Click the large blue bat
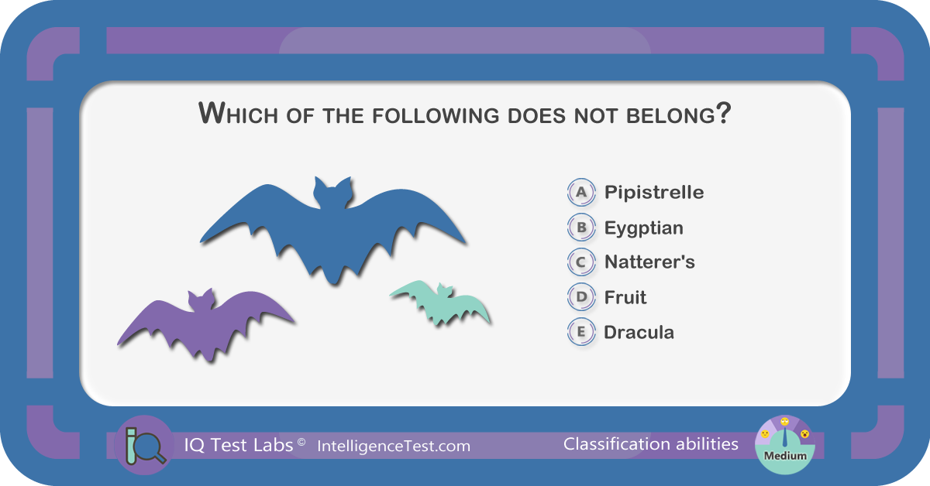coord(332,232)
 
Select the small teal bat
coord(441,303)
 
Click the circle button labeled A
coord(581,192)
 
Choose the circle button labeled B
coord(581,228)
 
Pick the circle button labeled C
coord(581,262)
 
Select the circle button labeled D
coord(581,297)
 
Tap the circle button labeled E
coord(581,332)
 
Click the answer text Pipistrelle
coord(654,193)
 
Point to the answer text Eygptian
coord(643,228)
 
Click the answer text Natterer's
coord(649,262)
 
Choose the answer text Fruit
coord(625,297)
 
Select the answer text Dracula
coord(639,333)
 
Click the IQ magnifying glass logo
coord(144,445)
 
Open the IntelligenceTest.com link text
coord(394,447)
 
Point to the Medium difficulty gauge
coord(784,445)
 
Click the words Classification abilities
coord(650,444)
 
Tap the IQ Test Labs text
coord(239,445)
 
